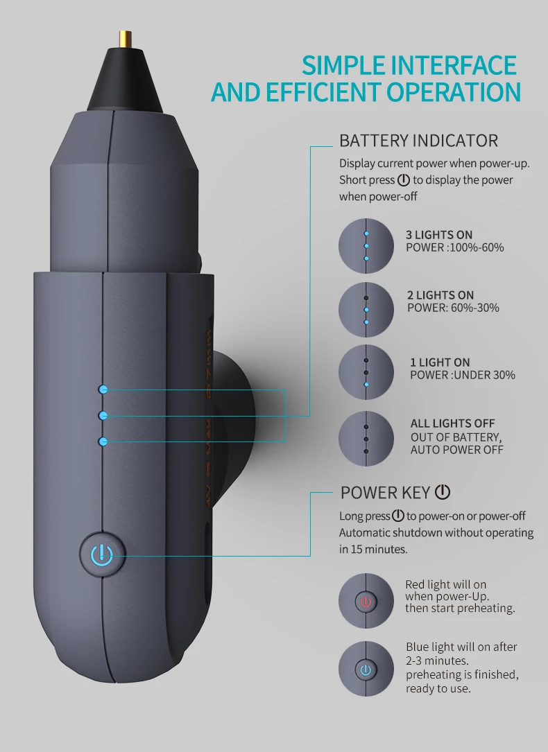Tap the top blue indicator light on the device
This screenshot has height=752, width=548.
(x=103, y=390)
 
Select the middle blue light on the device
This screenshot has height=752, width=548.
(x=103, y=415)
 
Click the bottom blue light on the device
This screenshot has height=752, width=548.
(x=103, y=441)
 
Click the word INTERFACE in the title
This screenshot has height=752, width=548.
(x=454, y=65)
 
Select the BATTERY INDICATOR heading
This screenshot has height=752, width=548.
(x=418, y=141)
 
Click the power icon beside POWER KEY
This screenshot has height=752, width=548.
(x=443, y=492)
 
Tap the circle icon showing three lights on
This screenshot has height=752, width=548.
(x=366, y=246)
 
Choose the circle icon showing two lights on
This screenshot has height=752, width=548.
(x=366, y=310)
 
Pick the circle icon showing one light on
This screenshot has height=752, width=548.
(x=366, y=372)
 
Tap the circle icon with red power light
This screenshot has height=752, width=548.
(x=366, y=601)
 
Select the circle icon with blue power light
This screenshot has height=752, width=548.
(x=366, y=670)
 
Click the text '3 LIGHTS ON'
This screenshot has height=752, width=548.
(x=439, y=235)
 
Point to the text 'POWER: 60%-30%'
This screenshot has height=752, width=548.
(x=453, y=308)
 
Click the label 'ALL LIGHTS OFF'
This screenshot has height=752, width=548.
(x=453, y=423)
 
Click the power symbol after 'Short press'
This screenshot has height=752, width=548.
(x=404, y=180)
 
